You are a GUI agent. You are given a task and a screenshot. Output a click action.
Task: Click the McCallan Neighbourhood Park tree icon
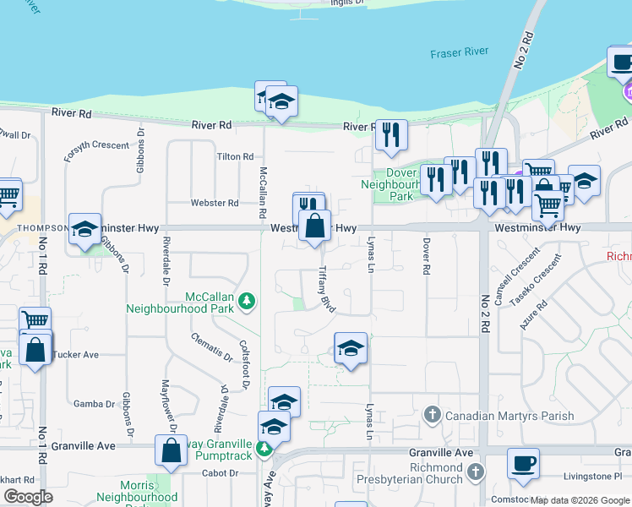pos(246,300)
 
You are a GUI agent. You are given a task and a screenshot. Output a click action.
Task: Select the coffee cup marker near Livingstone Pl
pos(523,463)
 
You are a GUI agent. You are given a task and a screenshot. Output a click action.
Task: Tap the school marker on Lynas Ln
pos(351,349)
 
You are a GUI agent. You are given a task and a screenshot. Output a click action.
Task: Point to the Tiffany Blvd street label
pos(327,290)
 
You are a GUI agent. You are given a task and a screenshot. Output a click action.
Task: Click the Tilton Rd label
pos(235,157)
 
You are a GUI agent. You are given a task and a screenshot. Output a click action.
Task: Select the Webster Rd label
pos(214,203)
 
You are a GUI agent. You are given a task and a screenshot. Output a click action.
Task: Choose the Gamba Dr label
pos(93,404)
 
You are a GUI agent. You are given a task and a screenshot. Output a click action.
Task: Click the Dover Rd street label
pos(427,257)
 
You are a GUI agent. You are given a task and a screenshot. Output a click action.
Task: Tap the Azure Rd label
pos(534,313)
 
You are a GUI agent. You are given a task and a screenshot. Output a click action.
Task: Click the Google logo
pos(28,497)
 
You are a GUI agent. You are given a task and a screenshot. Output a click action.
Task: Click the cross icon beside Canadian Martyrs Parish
pos(432,415)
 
